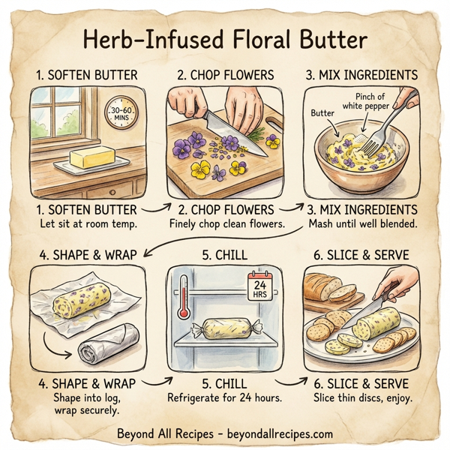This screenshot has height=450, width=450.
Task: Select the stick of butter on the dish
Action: (x=91, y=158)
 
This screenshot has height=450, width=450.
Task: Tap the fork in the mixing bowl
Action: (x=379, y=127)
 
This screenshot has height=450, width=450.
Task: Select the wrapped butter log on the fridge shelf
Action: (x=224, y=327)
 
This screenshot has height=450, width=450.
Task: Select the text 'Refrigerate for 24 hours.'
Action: (x=224, y=397)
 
